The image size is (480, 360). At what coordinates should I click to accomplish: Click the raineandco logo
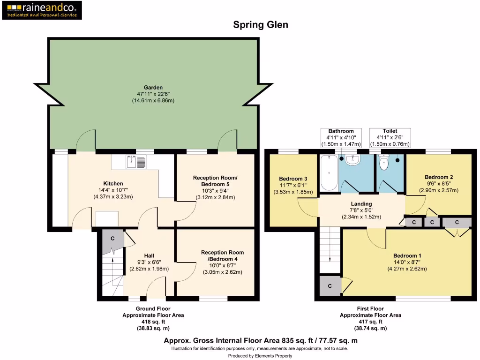[x=42, y=10]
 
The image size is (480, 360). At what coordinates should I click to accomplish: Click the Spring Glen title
[x=261, y=25]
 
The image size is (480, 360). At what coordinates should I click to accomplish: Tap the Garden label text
[x=153, y=87]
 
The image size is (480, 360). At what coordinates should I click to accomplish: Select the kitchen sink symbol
[x=136, y=162]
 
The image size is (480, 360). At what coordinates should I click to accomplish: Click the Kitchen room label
[x=113, y=183]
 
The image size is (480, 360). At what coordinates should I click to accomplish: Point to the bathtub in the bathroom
[x=329, y=174]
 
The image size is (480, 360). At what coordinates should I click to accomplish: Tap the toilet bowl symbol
[x=384, y=163]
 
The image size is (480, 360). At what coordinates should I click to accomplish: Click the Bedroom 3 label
[x=293, y=179]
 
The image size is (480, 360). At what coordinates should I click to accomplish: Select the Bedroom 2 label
[x=438, y=177]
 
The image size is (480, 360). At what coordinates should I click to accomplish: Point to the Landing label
[x=361, y=204]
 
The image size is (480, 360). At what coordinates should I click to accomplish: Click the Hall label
[x=149, y=255]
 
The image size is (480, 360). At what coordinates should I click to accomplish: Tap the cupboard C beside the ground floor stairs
[x=112, y=238]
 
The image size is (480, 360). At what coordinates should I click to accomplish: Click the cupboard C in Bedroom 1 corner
[x=330, y=286]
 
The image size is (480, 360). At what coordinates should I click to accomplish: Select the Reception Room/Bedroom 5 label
[x=215, y=180]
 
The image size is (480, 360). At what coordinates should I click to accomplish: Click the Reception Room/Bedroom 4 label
[x=222, y=255]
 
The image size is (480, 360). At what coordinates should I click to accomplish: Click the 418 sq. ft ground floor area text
[x=153, y=322]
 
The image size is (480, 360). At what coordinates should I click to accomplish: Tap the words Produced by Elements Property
[x=260, y=356]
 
